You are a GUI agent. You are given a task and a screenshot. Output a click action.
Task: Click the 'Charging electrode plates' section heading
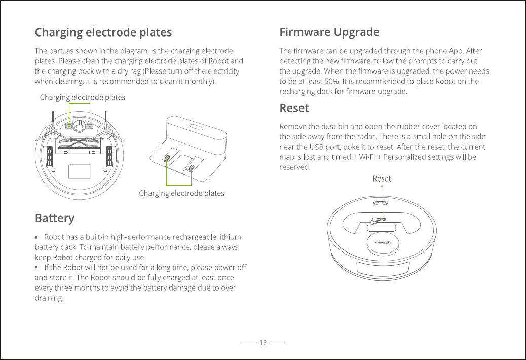point(103,33)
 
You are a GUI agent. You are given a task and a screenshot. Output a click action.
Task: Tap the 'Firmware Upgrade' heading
point(329,33)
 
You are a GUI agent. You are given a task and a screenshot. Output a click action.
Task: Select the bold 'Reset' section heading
point(294,109)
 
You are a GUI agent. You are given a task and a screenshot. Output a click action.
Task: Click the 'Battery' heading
point(54,218)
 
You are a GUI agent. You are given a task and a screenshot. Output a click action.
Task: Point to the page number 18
point(263,343)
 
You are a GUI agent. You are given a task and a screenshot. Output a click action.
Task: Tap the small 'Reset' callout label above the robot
point(382,178)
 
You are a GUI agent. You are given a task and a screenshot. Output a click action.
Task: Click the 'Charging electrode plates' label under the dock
point(181,193)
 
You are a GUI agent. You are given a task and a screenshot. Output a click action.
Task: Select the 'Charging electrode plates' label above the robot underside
point(82,97)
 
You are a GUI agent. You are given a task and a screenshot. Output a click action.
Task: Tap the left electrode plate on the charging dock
point(167,159)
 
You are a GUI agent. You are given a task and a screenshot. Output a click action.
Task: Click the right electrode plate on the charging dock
point(192,167)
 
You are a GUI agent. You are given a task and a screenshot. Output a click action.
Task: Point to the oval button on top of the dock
point(196,127)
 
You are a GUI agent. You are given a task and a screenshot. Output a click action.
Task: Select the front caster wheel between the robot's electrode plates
point(79,124)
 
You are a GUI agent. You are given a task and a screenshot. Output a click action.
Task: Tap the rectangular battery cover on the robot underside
point(79,172)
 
